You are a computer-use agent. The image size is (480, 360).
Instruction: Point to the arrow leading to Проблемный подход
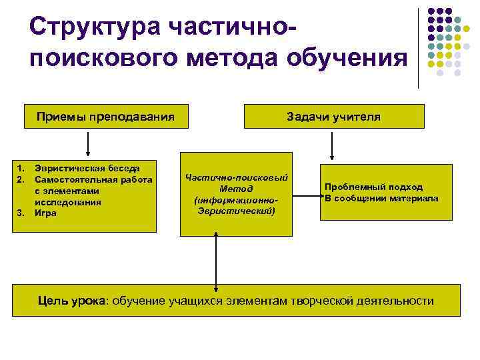[307, 196]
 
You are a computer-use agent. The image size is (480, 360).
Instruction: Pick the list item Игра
[46, 213]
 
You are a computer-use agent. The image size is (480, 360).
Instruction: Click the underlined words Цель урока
[71, 301]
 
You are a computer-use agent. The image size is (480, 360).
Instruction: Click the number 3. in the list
[21, 213]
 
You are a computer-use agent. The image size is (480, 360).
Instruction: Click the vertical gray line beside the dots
[419, 47]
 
